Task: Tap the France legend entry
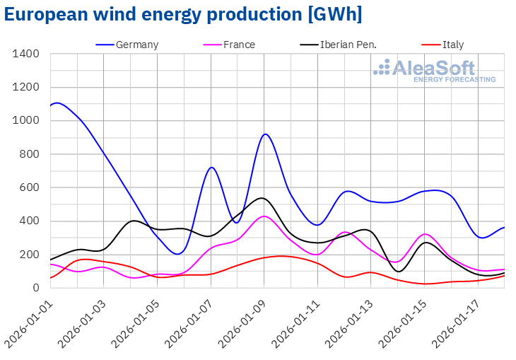coord(238,45)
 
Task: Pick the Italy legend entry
coord(453,45)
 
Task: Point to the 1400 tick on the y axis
coord(26,54)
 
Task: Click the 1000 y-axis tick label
coord(26,121)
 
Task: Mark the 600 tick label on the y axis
coord(29,187)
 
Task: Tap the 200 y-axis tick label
coord(29,255)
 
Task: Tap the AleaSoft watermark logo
coord(434,71)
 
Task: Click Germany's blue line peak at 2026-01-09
coord(264,134)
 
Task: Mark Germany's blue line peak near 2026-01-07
coord(211,168)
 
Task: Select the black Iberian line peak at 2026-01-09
coord(262,198)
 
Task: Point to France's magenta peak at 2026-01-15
coord(424,234)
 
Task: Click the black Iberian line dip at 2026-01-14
coord(399,271)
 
